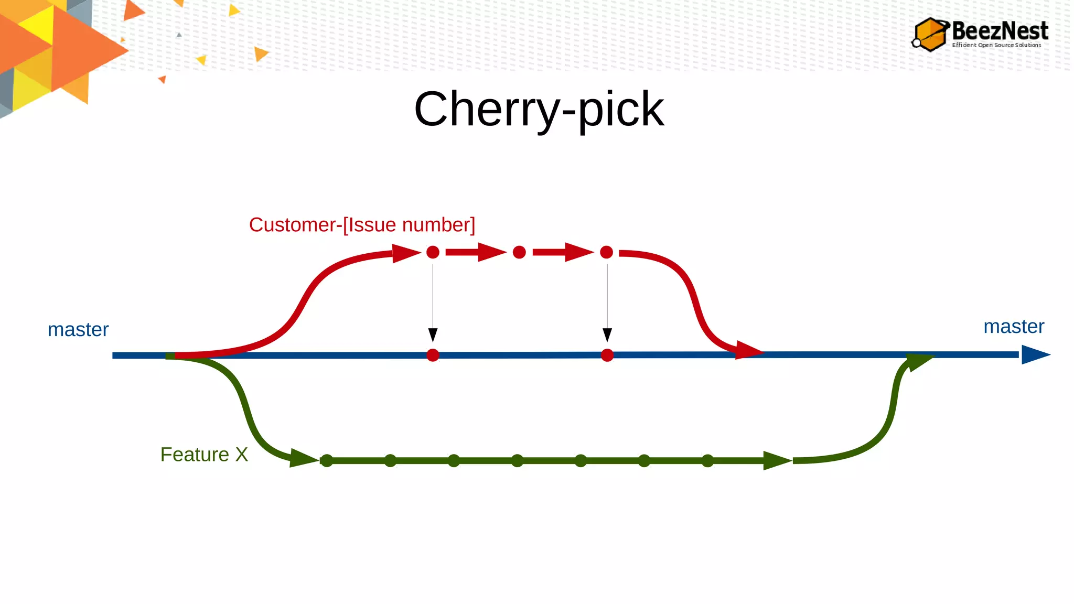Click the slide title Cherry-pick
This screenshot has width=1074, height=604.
click(x=539, y=109)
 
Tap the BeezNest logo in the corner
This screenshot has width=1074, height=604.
click(x=980, y=34)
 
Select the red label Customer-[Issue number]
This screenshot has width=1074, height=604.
click(x=362, y=225)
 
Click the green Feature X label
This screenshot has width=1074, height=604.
click(x=204, y=455)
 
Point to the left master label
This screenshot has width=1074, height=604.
click(x=78, y=330)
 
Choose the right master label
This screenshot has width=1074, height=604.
click(x=1013, y=327)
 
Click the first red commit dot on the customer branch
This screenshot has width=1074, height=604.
click(x=433, y=252)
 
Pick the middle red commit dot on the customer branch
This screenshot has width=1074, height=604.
click(x=519, y=252)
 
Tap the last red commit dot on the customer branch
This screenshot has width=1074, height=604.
click(x=606, y=252)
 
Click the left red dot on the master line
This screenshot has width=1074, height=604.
click(x=433, y=355)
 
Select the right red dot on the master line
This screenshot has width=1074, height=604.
click(x=607, y=355)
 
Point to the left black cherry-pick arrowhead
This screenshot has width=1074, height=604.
click(x=433, y=335)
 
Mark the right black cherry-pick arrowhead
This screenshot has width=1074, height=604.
click(x=607, y=335)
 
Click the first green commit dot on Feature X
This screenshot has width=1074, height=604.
click(x=327, y=461)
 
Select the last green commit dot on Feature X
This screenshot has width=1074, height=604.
click(x=707, y=461)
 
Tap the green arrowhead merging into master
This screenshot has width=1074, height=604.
click(x=919, y=361)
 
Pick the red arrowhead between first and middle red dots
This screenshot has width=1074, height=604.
click(x=491, y=252)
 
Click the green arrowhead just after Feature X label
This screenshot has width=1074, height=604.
click(x=303, y=458)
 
